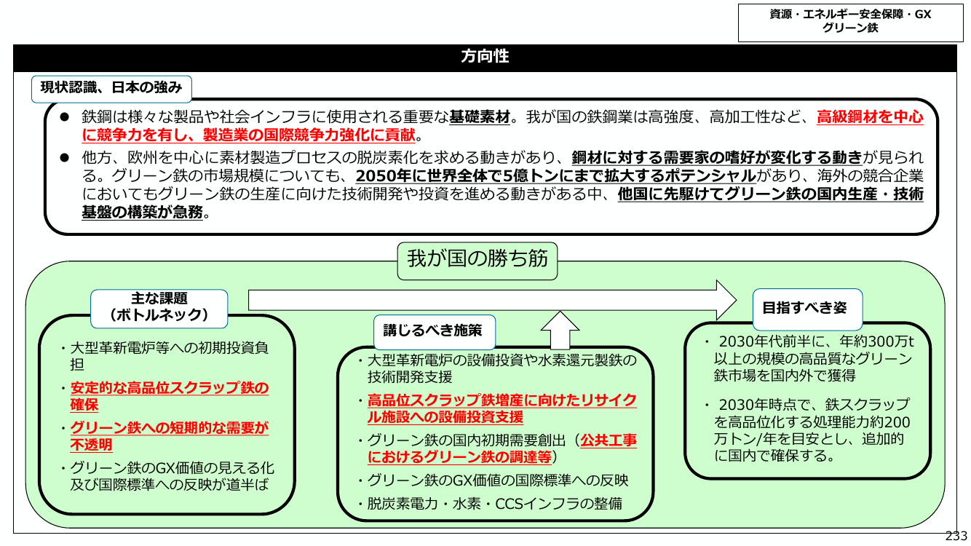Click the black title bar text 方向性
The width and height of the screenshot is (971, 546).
point(485,56)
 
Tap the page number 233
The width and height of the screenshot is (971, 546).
point(956,536)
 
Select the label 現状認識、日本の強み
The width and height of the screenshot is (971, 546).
point(111,87)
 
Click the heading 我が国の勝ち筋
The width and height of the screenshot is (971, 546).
point(477,258)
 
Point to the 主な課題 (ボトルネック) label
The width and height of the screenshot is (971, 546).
point(159,306)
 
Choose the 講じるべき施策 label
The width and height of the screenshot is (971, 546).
point(432,331)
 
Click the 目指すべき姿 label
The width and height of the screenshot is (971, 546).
point(804,307)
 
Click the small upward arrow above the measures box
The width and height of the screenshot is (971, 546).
point(560,331)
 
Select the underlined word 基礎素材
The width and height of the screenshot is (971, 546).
point(480,117)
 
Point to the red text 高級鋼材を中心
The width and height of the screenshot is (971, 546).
point(870,117)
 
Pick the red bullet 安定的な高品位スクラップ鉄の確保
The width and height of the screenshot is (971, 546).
point(170,396)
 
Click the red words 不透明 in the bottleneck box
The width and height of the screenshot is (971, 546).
point(91,445)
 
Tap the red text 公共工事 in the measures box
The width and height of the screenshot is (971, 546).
point(609,440)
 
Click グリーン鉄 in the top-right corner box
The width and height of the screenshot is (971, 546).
point(850,28)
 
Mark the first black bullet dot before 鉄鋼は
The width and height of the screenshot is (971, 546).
point(65,117)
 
